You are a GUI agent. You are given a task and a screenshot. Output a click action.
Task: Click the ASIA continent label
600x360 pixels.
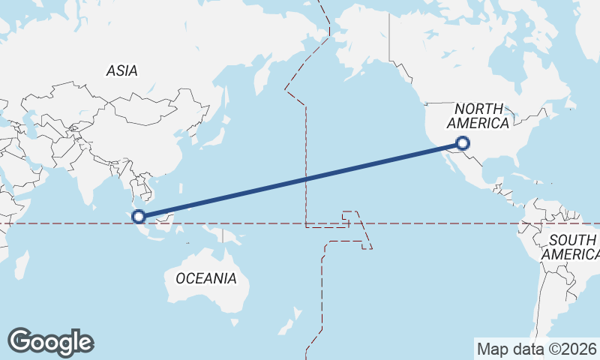[x=121, y=71]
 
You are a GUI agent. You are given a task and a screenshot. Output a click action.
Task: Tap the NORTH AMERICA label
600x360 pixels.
[x=478, y=116]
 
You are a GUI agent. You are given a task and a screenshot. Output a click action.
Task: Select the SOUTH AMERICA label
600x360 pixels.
[x=571, y=247]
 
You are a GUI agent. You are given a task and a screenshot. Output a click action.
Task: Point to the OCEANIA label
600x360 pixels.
[x=205, y=278]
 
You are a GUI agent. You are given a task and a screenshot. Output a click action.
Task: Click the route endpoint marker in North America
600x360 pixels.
[x=463, y=143]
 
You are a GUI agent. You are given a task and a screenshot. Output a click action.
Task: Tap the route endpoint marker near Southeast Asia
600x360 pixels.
[x=139, y=217]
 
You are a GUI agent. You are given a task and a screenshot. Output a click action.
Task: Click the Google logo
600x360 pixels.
[x=50, y=342]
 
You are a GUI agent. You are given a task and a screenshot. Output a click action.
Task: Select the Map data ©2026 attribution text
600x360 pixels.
[x=536, y=349]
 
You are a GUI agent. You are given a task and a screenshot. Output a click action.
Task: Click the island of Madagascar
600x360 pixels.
[x=22, y=264]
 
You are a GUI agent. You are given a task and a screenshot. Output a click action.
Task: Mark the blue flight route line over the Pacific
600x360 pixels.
[x=300, y=180]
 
